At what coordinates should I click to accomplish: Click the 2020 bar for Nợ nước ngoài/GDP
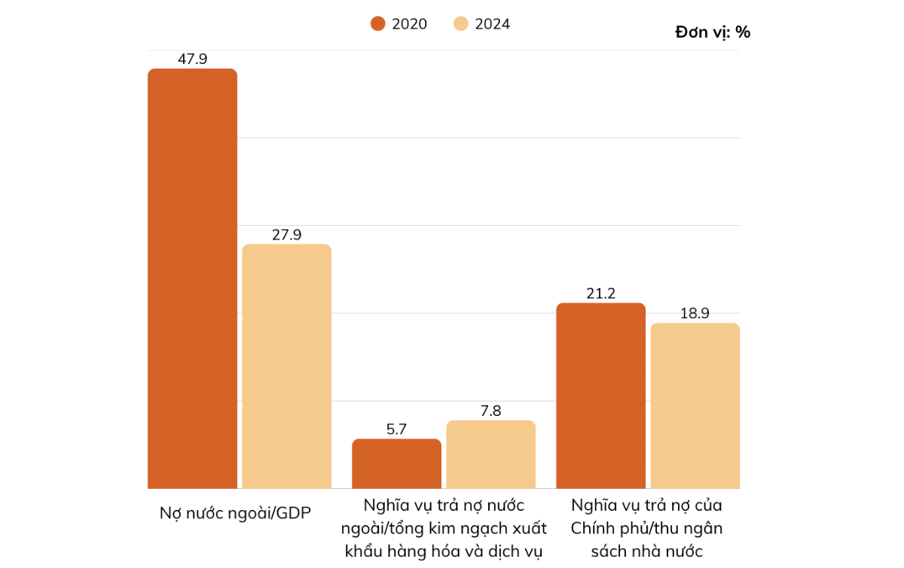pyautogui.click(x=192, y=279)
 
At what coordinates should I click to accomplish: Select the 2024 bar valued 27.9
pyautogui.click(x=286, y=366)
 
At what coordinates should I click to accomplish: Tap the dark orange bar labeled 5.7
pyautogui.click(x=396, y=463)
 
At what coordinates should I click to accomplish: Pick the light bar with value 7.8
pyautogui.click(x=490, y=454)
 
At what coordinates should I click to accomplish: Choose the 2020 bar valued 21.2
pyautogui.click(x=600, y=395)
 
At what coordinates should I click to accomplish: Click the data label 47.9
pyautogui.click(x=192, y=59)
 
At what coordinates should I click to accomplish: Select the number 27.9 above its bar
pyautogui.click(x=286, y=234)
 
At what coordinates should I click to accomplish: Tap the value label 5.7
pyautogui.click(x=396, y=429)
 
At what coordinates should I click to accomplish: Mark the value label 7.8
pyautogui.click(x=490, y=411)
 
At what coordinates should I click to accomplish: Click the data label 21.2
pyautogui.click(x=600, y=293)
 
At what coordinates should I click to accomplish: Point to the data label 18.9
pyautogui.click(x=695, y=313)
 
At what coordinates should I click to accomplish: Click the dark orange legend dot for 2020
pyautogui.click(x=378, y=24)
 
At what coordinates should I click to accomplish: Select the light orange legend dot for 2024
pyautogui.click(x=461, y=24)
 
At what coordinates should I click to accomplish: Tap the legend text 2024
pyautogui.click(x=492, y=24)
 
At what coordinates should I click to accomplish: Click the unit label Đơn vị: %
pyautogui.click(x=713, y=32)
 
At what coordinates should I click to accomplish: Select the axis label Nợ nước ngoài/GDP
pyautogui.click(x=235, y=513)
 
